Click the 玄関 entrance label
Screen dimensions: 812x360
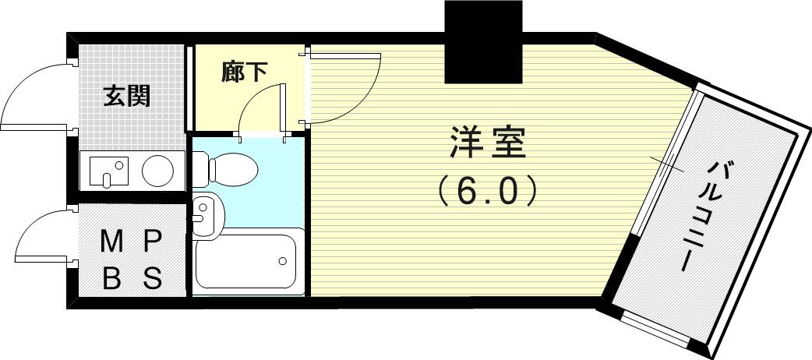pyautogui.click(x=126, y=97)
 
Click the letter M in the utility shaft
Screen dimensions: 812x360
pyautogui.click(x=112, y=242)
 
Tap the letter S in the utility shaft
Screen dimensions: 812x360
pyautogui.click(x=152, y=279)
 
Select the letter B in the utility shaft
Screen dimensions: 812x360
pyautogui.click(x=111, y=279)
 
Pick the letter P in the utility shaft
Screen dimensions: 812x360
pyautogui.click(x=153, y=242)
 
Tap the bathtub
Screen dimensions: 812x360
pyautogui.click(x=246, y=261)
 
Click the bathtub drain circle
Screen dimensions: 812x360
pyautogui.click(x=283, y=260)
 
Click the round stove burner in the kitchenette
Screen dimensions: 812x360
pyautogui.click(x=157, y=171)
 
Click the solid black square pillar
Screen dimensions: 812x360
pyautogui.click(x=483, y=41)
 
